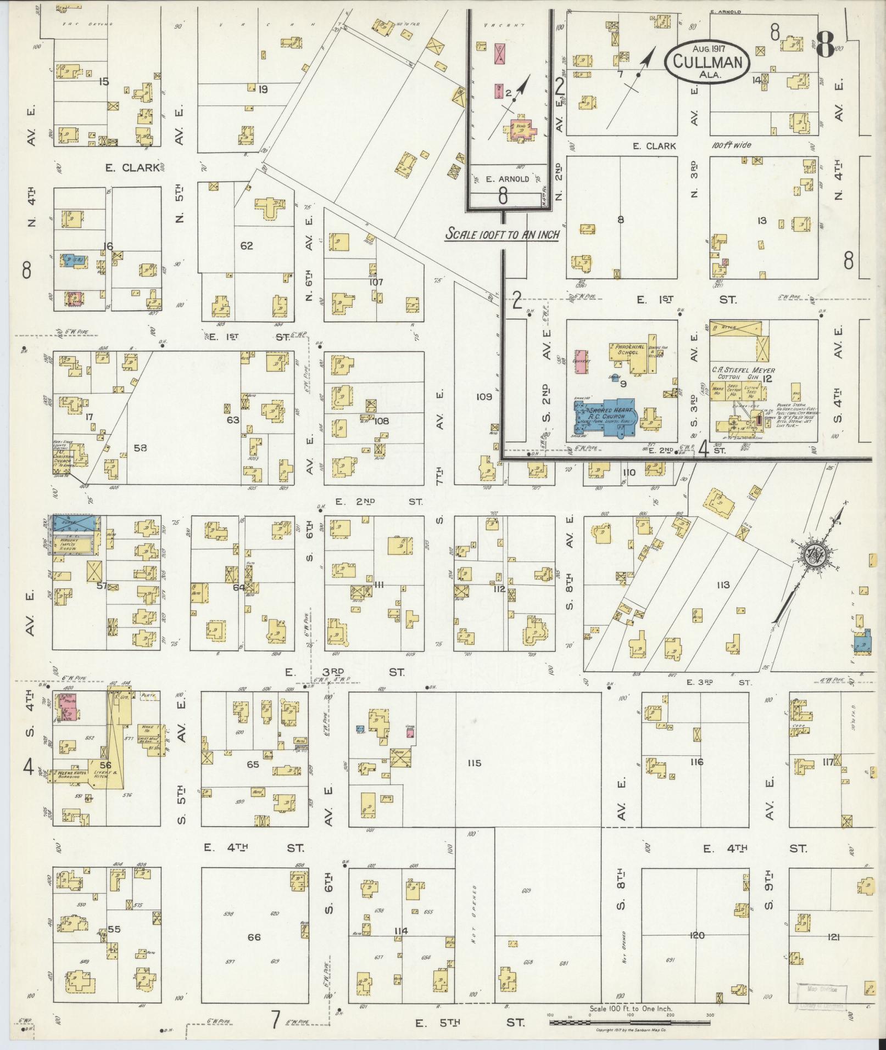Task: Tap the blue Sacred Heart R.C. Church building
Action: (604, 418)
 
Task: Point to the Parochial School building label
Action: (626, 350)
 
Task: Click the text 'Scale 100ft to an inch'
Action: (502, 234)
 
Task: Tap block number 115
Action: (474, 763)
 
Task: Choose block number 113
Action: (722, 585)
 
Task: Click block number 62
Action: (247, 246)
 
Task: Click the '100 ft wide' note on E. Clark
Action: (731, 145)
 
